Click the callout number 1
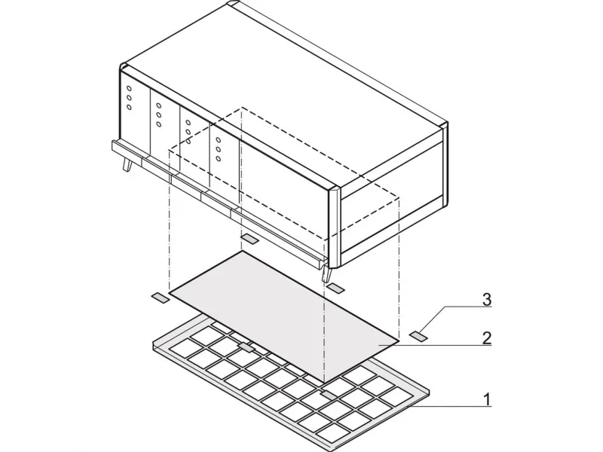coord(487,399)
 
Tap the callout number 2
coord(486,338)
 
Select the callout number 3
coord(486,299)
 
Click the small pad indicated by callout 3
coord(418,336)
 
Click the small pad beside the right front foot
coord(336,288)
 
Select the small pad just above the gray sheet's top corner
coord(249,239)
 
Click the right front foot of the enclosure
coord(326,273)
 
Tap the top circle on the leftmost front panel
coord(129,88)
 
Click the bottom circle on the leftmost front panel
coord(129,107)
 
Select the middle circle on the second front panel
coord(158,115)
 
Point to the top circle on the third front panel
coord(188,123)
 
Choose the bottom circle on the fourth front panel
coord(218,158)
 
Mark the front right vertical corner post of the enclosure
coord(333,228)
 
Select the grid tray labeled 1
coord(292,380)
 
